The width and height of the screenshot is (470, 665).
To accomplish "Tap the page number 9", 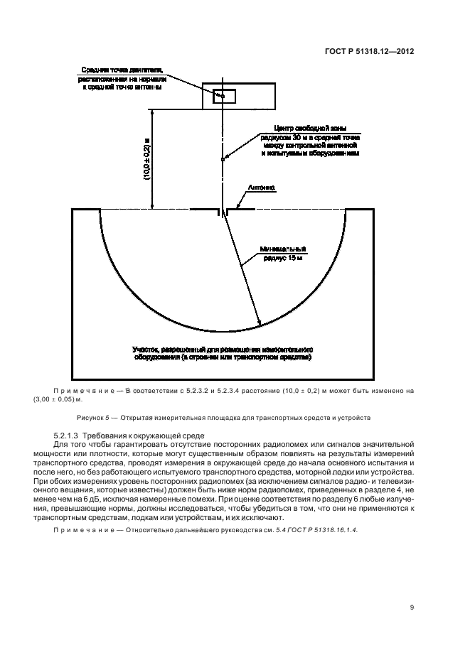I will tap(412, 607).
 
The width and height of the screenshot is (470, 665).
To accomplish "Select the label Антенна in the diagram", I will tap(261, 189).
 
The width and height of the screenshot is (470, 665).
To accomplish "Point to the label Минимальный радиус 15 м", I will tap(284, 253).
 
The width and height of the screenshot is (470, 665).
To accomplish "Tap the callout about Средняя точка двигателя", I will tap(118, 78).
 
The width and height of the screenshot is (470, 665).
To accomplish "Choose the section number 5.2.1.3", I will tap(69, 435).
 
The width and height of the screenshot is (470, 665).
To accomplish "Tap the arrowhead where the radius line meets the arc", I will tap(258, 325).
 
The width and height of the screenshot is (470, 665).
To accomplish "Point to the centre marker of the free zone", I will tap(223, 159).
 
